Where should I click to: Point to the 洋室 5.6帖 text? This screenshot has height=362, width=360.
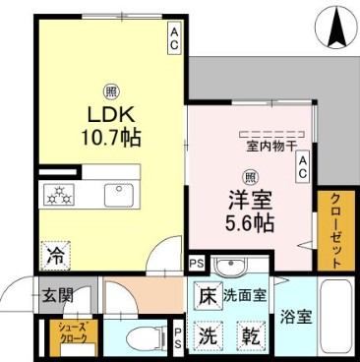click(x=251, y=210)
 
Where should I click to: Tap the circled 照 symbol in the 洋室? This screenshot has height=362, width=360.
click(x=252, y=177)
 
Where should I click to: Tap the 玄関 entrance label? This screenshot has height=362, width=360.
click(x=55, y=294)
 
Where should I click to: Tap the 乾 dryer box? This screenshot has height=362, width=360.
click(x=251, y=335)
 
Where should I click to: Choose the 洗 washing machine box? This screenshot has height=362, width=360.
click(x=208, y=335)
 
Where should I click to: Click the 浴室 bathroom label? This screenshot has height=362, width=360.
click(x=297, y=317)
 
